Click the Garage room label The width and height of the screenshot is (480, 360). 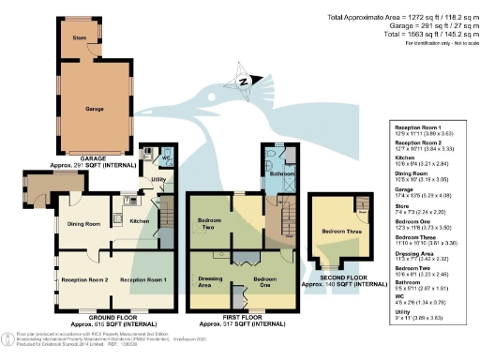click(93, 109)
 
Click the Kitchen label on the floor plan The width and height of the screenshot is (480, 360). click(138, 220)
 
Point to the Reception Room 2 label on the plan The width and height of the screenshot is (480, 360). click(84, 279)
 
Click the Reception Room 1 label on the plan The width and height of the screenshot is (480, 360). click(142, 279)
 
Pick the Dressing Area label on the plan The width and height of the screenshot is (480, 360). click(210, 283)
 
